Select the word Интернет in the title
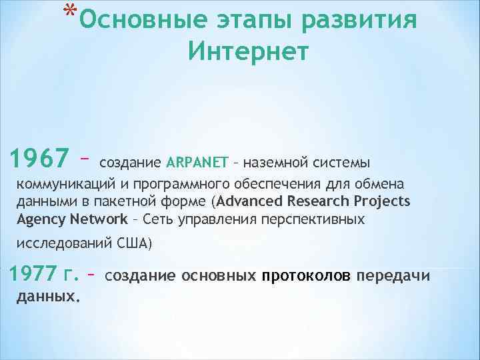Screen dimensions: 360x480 coord(249,51)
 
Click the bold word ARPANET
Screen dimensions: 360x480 coord(197,162)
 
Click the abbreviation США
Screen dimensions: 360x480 coord(133,244)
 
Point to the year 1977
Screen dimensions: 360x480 coord(36,274)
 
